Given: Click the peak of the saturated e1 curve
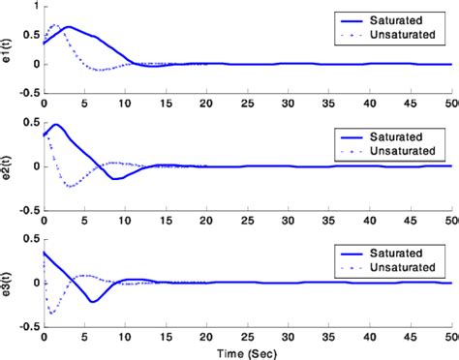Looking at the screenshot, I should pyautogui.click(x=67, y=26).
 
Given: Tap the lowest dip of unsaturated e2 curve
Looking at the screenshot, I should pyautogui.click(x=71, y=185).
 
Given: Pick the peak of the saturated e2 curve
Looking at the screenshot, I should pyautogui.click(x=55, y=124).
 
